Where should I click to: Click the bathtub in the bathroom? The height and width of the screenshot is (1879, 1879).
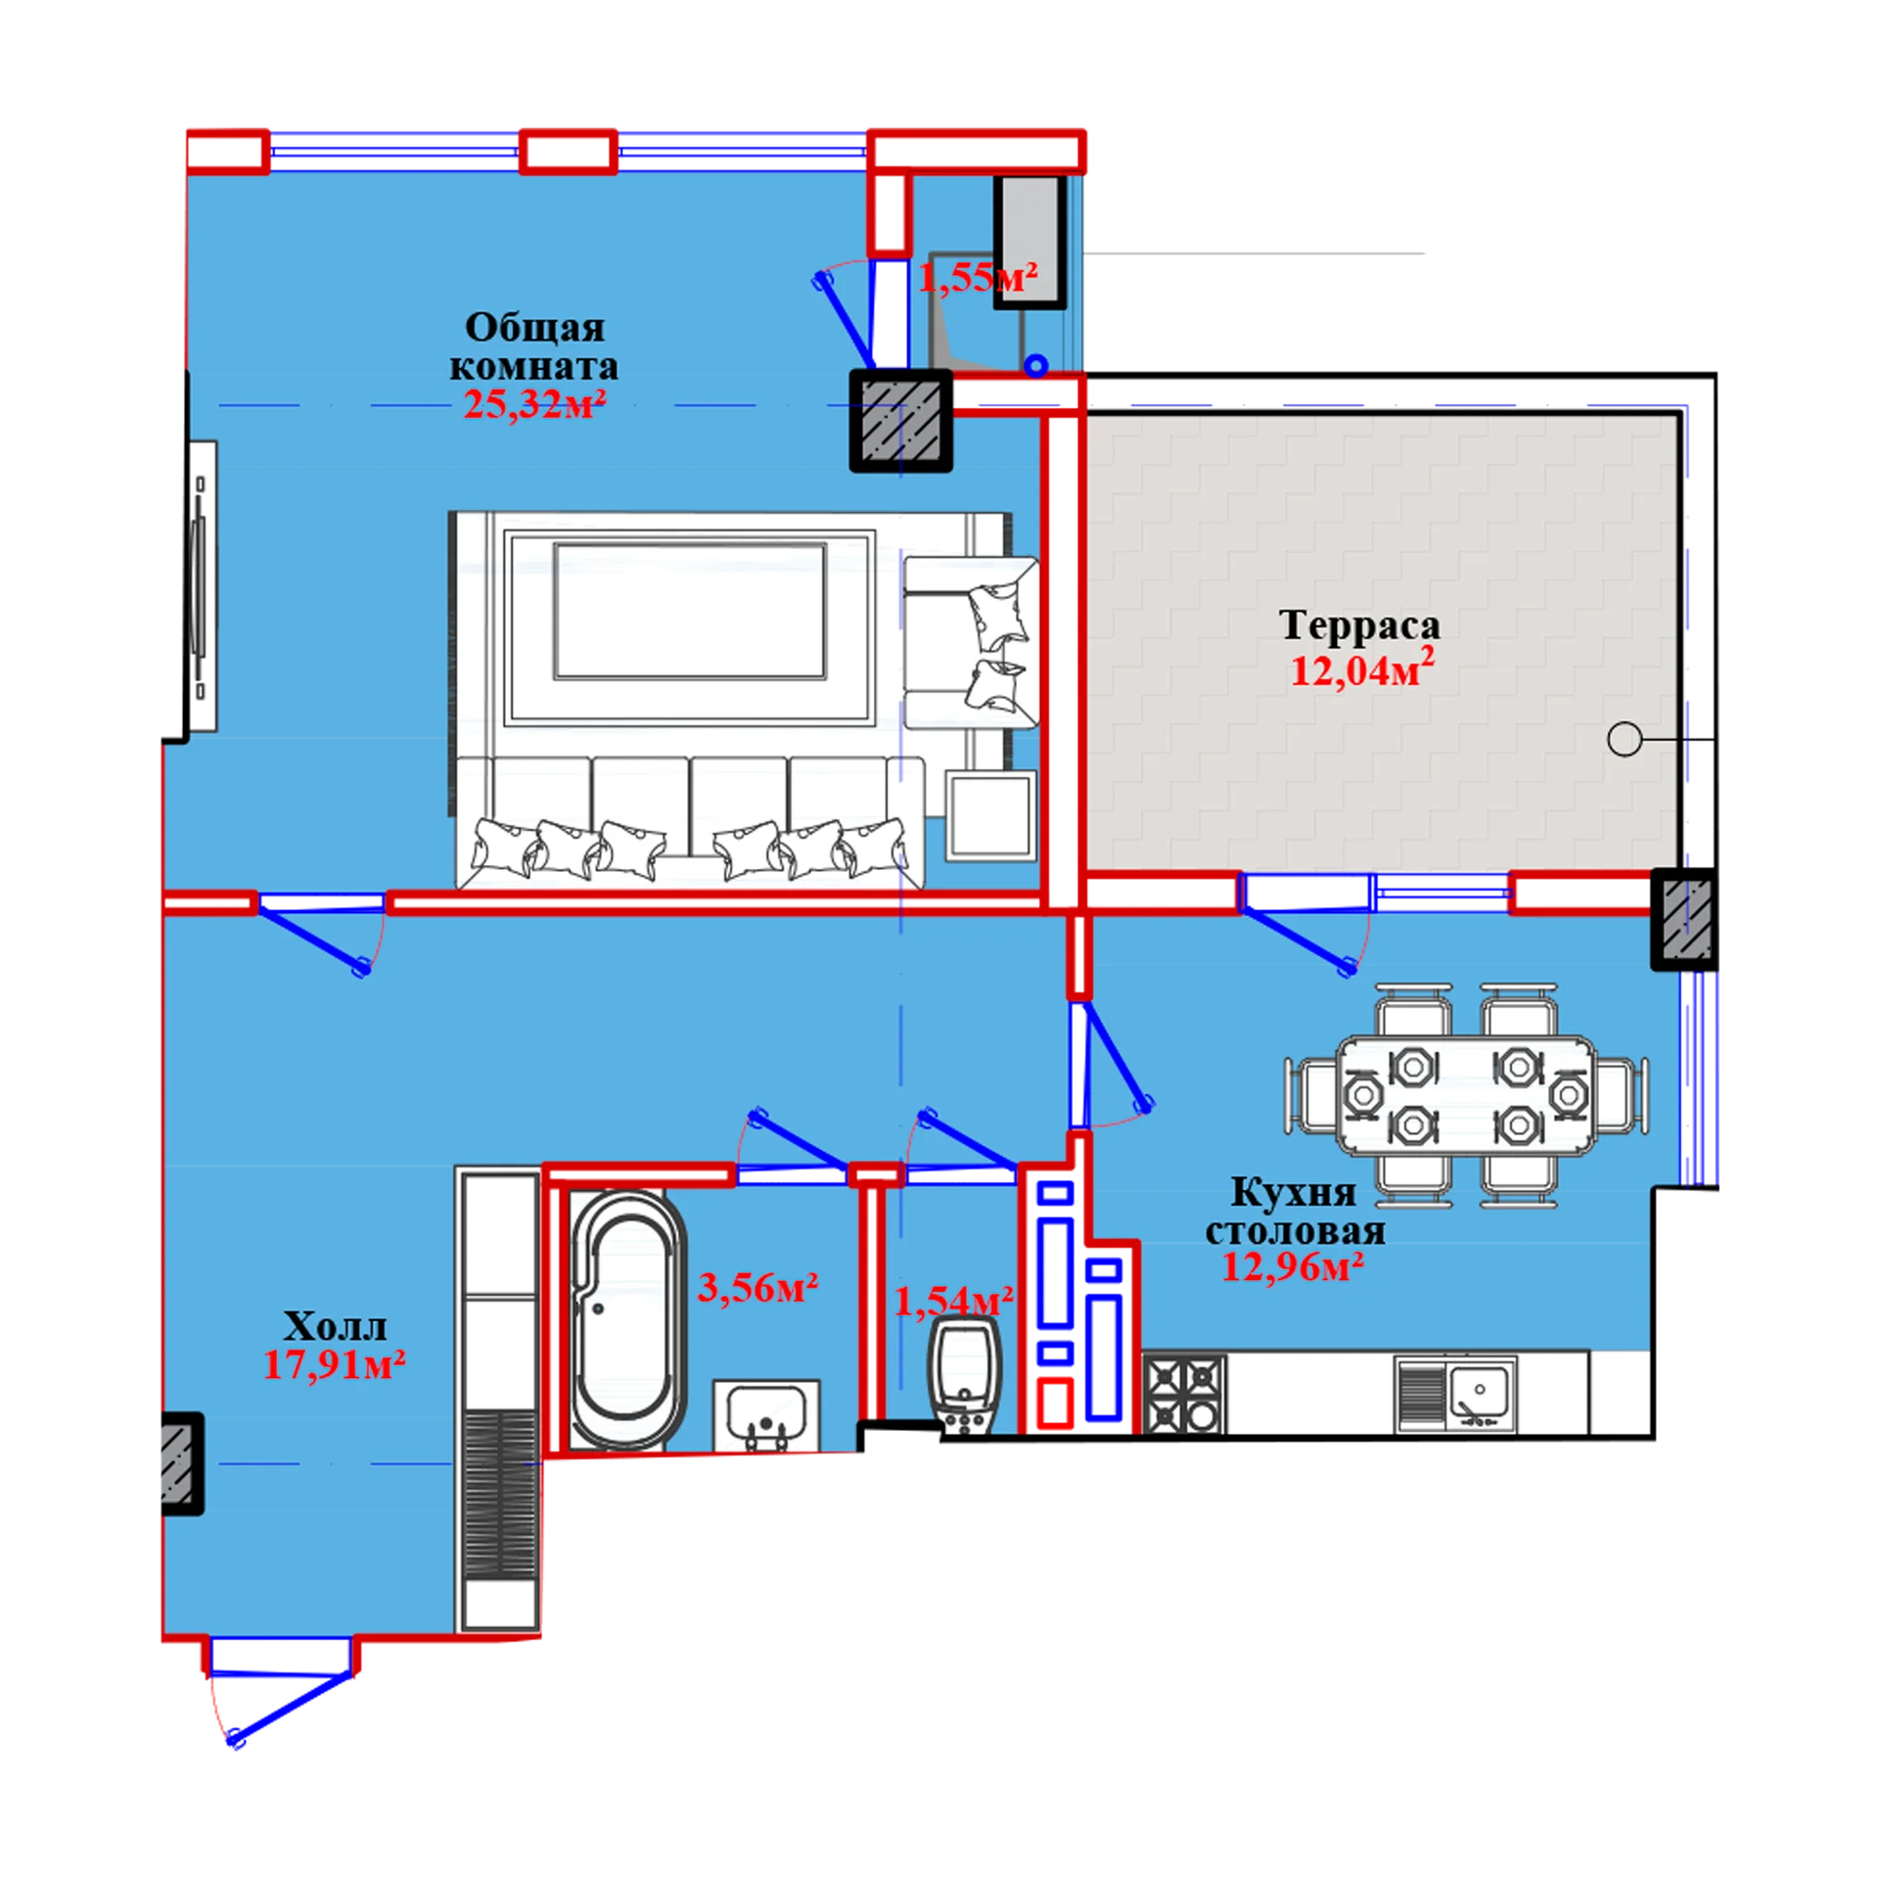click(x=626, y=1319)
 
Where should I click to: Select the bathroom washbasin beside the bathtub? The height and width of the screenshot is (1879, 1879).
click(x=766, y=1415)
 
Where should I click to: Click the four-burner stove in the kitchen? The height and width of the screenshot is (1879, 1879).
click(x=1184, y=1394)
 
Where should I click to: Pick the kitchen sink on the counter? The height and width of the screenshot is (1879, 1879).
click(x=1455, y=1395)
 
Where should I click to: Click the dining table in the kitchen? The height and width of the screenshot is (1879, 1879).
click(x=1465, y=1096)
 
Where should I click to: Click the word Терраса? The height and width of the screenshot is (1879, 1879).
click(x=1359, y=625)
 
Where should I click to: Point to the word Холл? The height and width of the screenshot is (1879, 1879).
click(x=335, y=1326)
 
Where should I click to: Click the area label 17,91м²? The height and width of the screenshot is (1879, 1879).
click(x=335, y=1364)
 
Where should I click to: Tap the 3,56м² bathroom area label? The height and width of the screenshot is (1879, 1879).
click(x=757, y=1288)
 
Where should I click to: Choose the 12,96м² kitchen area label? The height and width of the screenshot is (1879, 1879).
click(x=1293, y=1267)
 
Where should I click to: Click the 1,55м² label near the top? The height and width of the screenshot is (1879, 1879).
click(x=977, y=278)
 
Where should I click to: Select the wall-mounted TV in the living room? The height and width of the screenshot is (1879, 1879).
click(x=201, y=586)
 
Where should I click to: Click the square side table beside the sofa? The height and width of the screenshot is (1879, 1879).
click(x=990, y=815)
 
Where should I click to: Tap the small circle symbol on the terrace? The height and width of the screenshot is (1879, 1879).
click(x=1625, y=739)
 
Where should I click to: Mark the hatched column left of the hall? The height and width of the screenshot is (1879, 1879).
click(x=181, y=1464)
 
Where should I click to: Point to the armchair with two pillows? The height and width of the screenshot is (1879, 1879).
click(x=970, y=643)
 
